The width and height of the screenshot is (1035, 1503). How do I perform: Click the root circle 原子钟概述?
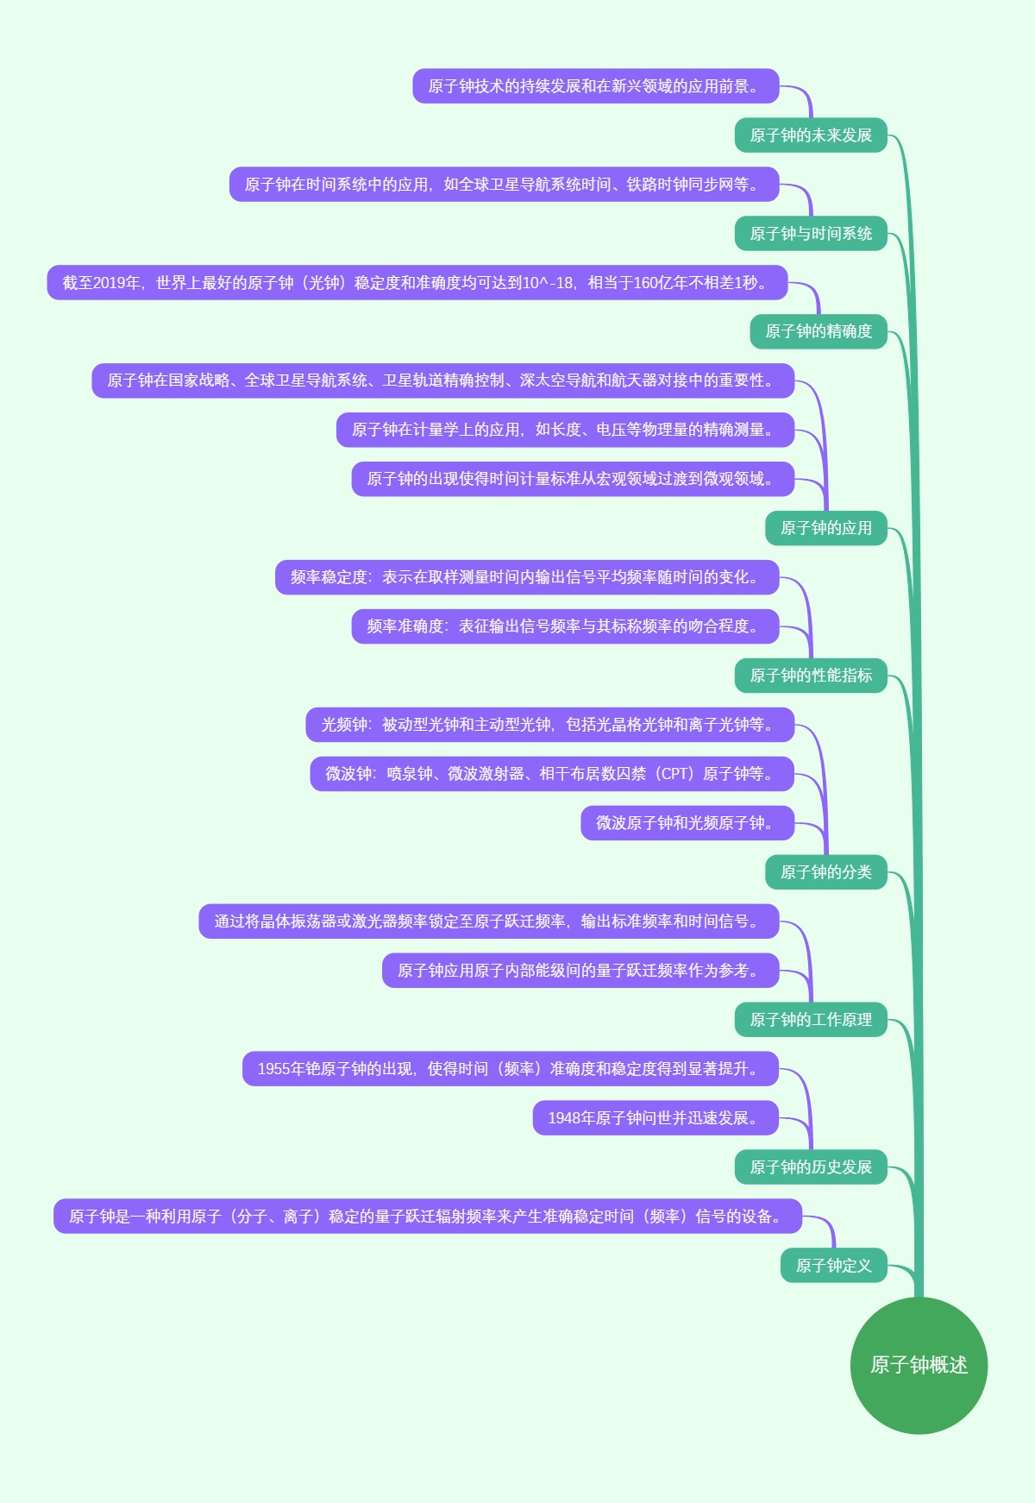point(919,1365)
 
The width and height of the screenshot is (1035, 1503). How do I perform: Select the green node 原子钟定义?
point(833,1266)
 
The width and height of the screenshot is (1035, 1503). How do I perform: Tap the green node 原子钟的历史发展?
point(811,1167)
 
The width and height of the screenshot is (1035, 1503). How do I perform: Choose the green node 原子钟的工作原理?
point(811,1020)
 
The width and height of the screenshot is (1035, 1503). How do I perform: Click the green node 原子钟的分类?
point(825,872)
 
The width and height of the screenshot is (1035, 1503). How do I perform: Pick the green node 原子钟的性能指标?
point(811,676)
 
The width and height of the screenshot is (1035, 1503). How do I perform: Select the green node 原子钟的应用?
point(825,528)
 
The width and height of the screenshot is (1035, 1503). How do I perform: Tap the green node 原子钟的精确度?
point(818,331)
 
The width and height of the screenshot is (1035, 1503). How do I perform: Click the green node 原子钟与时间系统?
point(811,234)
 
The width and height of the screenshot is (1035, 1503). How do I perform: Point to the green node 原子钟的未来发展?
point(811,135)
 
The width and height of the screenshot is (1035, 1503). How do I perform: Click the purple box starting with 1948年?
point(655,1118)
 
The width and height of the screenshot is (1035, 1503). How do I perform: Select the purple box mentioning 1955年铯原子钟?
point(510,1069)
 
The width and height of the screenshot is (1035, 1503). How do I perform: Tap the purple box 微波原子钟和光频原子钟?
point(687,823)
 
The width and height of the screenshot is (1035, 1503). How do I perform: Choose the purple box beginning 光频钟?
point(549,725)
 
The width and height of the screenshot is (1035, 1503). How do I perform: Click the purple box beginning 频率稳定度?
point(526,577)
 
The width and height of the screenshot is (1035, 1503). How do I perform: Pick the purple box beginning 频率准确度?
point(565,626)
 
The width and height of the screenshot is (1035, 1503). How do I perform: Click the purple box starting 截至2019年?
point(417,283)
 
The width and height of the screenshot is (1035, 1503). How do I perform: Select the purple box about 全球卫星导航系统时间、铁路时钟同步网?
point(504,185)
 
